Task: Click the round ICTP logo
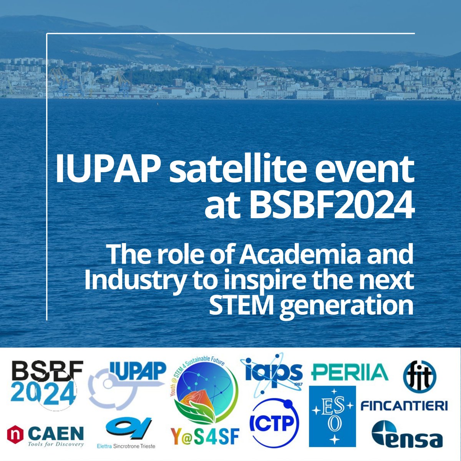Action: (x=274, y=420)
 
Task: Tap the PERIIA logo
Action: (x=349, y=372)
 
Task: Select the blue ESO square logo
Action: (x=332, y=416)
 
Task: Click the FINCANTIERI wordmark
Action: (x=404, y=406)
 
